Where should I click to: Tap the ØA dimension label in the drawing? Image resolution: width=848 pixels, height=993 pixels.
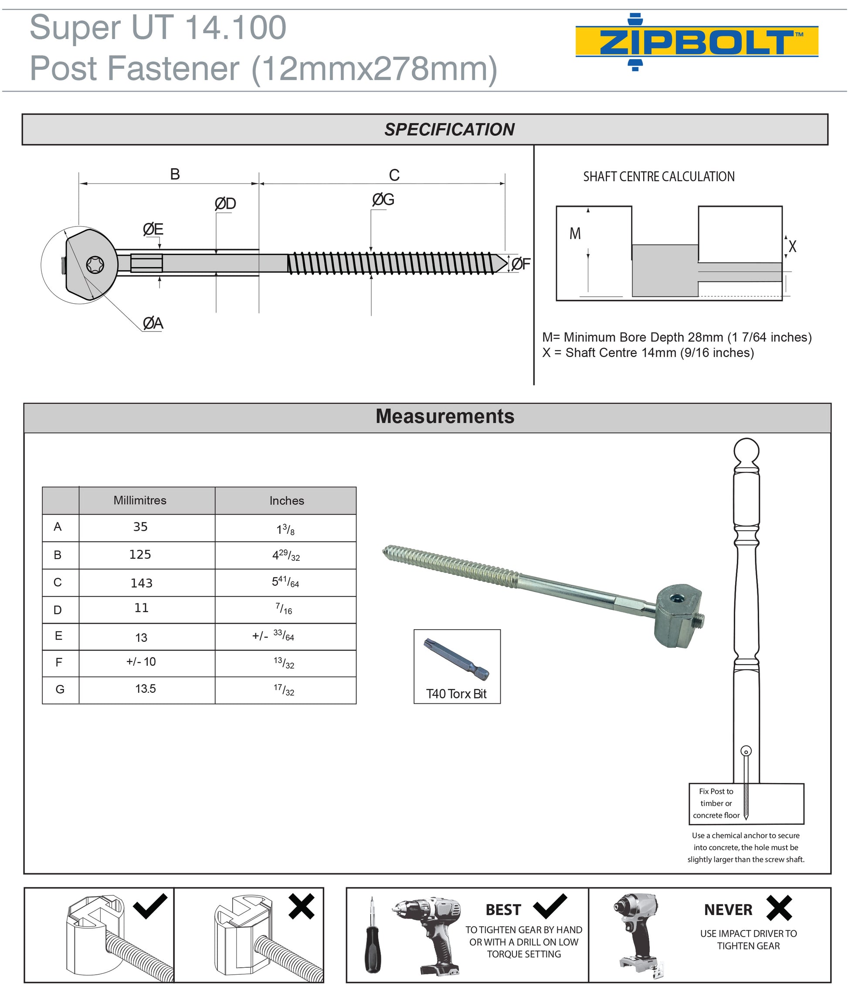(153, 323)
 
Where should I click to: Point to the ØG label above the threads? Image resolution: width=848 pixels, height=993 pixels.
(383, 200)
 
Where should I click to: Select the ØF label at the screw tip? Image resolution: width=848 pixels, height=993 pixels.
(521, 264)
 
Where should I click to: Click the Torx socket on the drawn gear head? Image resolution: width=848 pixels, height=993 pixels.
(95, 264)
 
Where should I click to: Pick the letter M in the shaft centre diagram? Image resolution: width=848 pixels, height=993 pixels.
(575, 234)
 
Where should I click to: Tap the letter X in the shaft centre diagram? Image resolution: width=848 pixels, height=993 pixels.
(792, 247)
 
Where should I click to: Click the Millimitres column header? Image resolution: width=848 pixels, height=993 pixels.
(140, 500)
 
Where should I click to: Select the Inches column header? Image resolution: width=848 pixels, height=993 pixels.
(287, 501)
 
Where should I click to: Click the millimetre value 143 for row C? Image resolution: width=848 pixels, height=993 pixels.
(142, 583)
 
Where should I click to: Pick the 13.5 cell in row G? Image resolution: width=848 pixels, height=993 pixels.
(145, 689)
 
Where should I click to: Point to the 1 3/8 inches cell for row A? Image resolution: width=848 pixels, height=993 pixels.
(286, 529)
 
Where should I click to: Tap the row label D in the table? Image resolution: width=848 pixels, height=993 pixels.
(58, 610)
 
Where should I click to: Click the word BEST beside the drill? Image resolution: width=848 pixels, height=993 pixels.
(503, 910)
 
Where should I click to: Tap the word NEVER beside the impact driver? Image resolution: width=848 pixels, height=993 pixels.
(728, 910)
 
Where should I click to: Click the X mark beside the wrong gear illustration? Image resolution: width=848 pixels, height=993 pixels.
(302, 907)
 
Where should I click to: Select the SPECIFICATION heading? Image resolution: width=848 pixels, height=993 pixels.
(449, 129)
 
